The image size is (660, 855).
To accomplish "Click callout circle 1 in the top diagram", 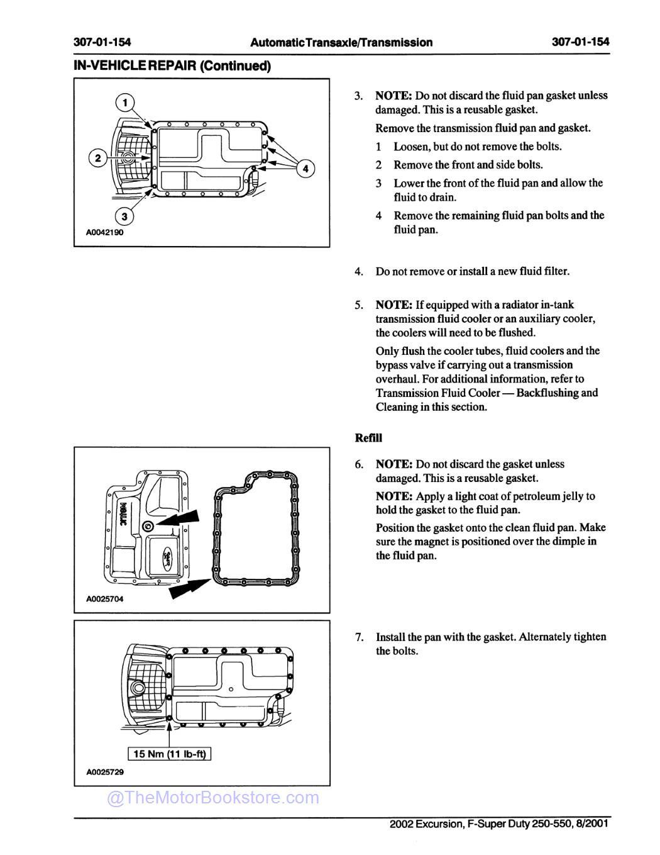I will [125, 103].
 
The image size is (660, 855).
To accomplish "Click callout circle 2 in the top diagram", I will [97, 158].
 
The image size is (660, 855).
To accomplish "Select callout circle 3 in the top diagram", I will [124, 216].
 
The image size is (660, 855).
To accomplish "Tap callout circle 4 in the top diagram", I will [305, 169].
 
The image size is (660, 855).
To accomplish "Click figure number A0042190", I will [105, 232].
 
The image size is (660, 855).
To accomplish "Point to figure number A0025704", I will [105, 599].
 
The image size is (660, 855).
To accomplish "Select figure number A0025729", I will [105, 771].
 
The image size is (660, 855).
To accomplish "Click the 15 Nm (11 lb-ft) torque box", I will [170, 754].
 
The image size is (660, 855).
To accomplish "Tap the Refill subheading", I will [368, 438].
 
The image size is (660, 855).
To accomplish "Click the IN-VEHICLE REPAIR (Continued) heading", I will [172, 65].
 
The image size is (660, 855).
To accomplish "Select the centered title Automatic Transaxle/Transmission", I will [341, 42].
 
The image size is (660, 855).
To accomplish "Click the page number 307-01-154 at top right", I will [580, 42].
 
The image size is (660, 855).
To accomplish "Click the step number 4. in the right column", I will [359, 272].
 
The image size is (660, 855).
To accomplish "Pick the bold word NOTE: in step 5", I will [394, 305].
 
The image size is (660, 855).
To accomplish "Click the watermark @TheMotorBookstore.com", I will [213, 798].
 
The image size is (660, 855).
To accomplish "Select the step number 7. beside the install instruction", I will [359, 637].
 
